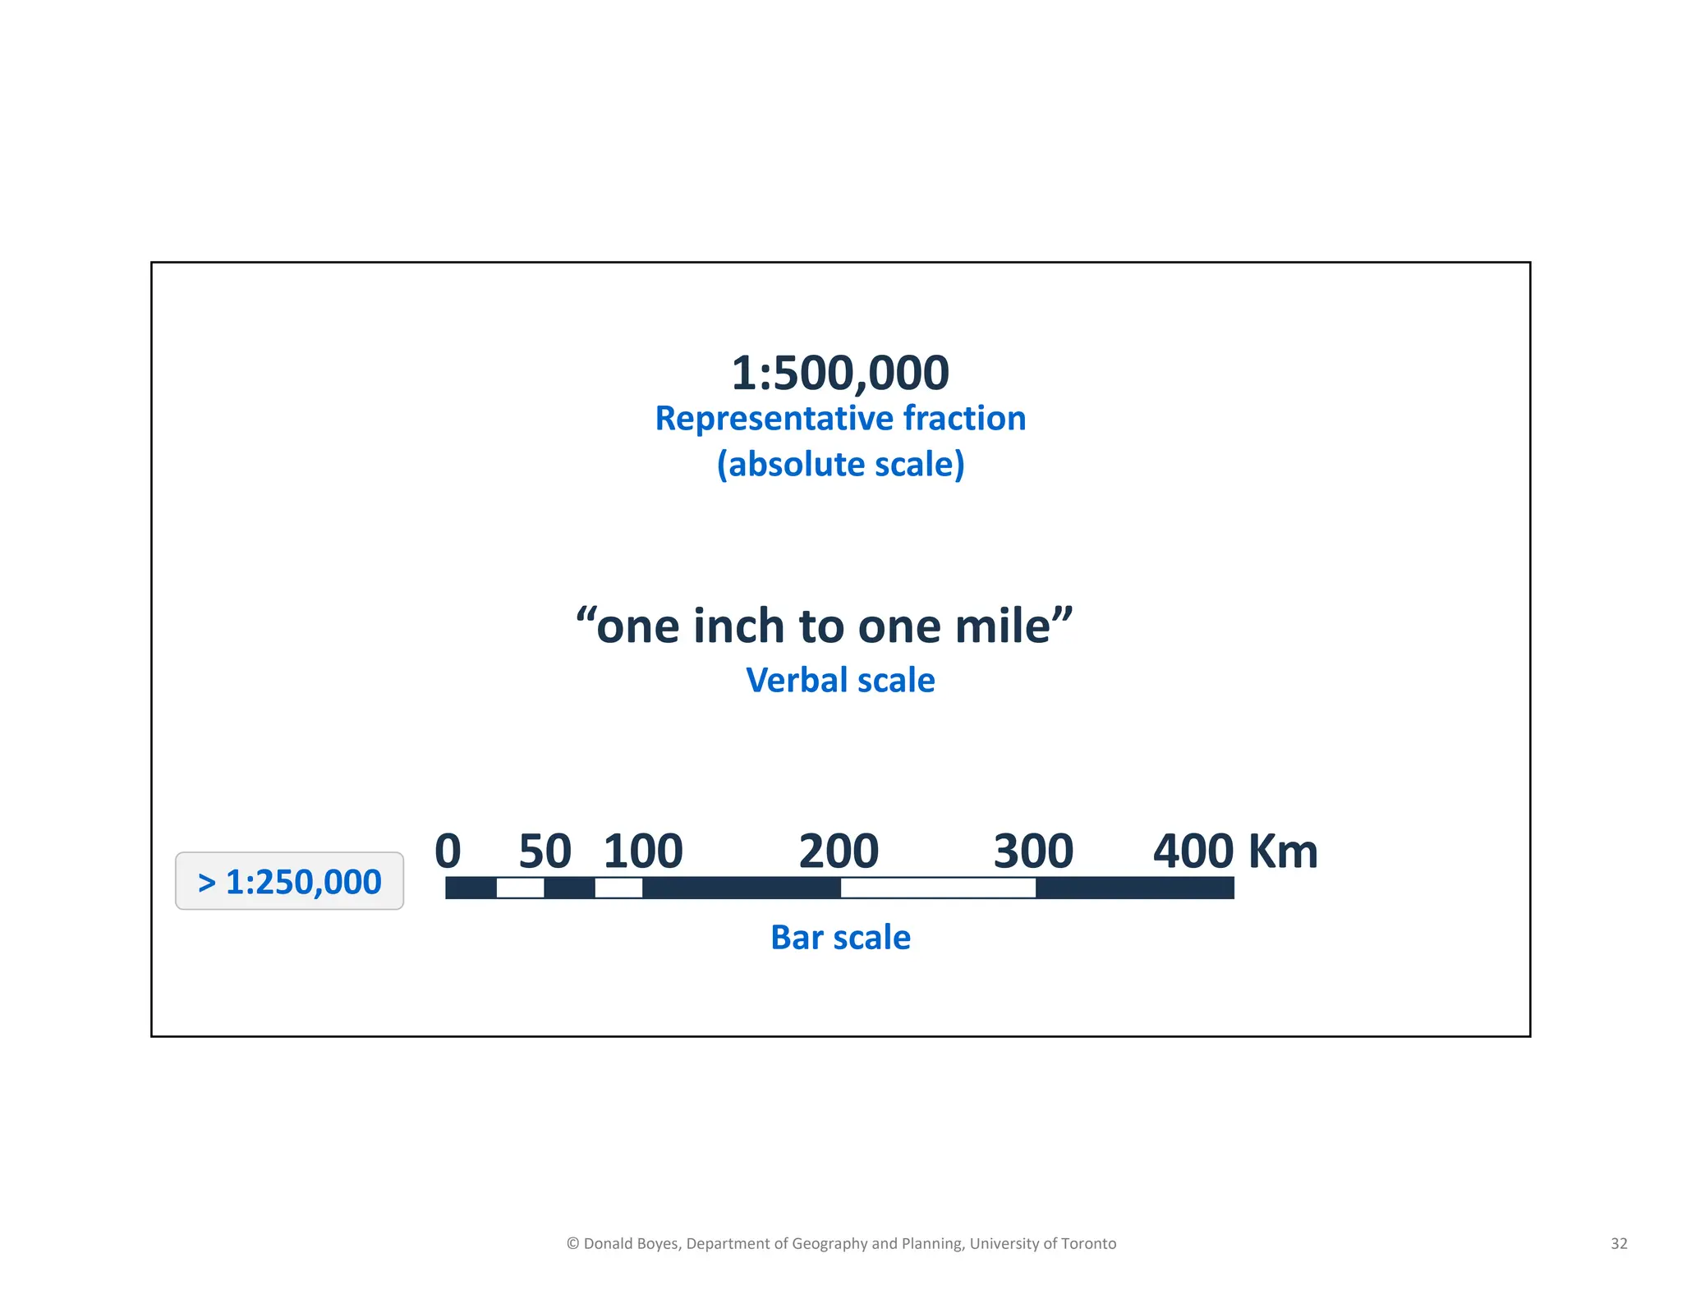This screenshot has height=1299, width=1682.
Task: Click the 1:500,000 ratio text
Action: point(839,373)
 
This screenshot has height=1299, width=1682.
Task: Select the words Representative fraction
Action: point(839,419)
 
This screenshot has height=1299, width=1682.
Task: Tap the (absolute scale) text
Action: point(839,465)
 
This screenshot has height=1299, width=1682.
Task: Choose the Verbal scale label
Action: point(839,681)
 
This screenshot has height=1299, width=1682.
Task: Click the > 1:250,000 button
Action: point(289,882)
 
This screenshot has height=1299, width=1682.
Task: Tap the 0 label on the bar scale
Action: point(448,851)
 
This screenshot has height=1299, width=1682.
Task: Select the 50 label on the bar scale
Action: point(545,851)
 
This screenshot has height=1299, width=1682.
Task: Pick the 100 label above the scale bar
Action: point(643,851)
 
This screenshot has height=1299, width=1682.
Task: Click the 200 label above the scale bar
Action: point(839,851)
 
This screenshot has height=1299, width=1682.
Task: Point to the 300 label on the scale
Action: point(1033,851)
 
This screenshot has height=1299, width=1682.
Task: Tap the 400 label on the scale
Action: point(1193,851)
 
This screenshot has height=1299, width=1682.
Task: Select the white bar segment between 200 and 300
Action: point(938,888)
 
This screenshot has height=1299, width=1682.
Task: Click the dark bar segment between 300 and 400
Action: point(1134,888)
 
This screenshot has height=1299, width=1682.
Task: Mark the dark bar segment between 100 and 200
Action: point(741,888)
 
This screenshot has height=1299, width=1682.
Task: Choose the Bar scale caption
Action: point(839,938)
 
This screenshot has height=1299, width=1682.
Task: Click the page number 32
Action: point(1619,1243)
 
